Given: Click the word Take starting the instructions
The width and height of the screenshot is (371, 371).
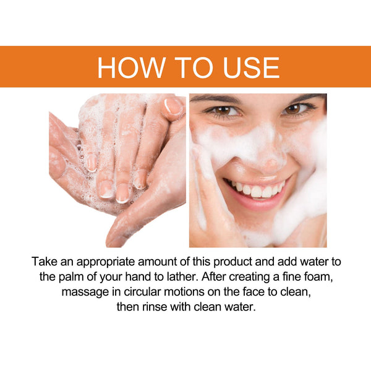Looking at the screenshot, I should [45, 261].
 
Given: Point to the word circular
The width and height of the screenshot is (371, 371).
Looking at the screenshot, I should [138, 291].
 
